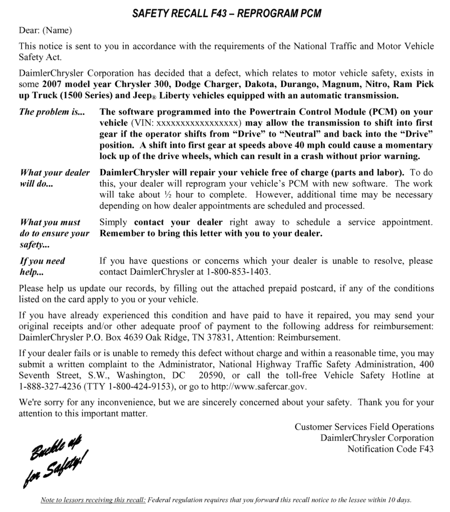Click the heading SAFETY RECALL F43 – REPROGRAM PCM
226,13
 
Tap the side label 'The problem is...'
52,112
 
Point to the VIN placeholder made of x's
200,123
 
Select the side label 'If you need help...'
42,266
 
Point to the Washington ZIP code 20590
209,375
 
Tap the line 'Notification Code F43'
390,449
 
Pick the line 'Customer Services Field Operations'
364,427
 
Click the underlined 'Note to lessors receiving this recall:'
93,500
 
